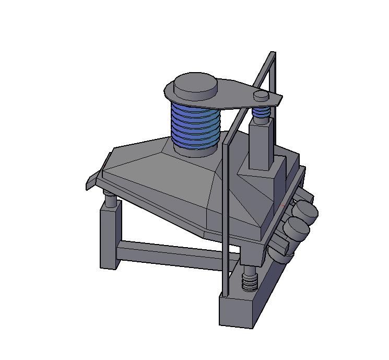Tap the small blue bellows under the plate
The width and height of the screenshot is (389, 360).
point(261,112)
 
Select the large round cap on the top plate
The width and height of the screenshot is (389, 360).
point(195,84)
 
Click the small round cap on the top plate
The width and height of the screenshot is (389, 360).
point(261,95)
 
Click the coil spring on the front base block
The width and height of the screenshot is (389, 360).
point(250,282)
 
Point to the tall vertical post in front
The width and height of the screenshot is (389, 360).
point(225,209)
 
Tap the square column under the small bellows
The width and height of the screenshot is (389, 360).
point(261,144)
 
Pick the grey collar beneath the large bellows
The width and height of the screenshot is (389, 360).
point(194,151)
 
